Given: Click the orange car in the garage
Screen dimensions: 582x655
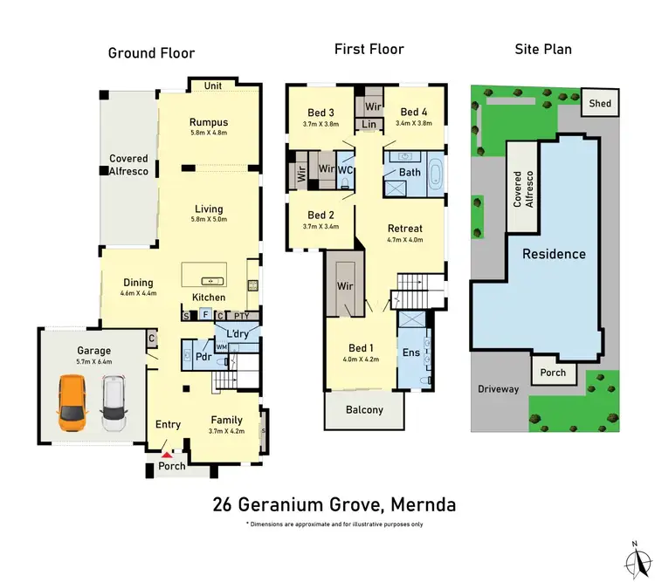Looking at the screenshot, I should point(72,403).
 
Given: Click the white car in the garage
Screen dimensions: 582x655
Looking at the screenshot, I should point(114,403).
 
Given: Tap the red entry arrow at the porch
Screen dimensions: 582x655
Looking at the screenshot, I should point(168,455).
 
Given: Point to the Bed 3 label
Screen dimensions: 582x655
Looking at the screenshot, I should point(321,113).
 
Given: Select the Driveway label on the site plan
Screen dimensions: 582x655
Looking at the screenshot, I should point(498,389).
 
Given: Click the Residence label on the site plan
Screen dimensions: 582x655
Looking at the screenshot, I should point(554,254).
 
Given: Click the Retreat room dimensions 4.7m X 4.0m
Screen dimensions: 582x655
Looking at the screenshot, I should point(405,239).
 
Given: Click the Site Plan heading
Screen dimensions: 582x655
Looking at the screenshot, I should point(541,50).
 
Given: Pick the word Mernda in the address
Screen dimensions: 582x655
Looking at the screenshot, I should point(415,504).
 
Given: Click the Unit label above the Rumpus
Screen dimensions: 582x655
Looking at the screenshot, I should point(212,86).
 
